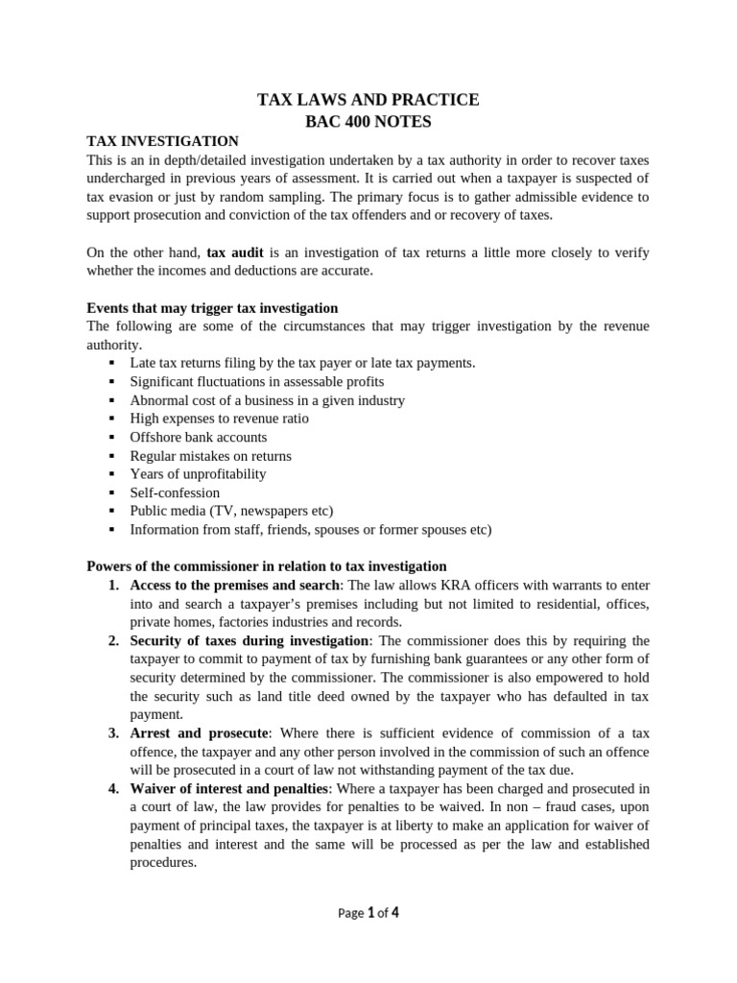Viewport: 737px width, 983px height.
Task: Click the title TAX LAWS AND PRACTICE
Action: point(368,100)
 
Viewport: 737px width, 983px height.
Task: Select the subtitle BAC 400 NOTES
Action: point(368,121)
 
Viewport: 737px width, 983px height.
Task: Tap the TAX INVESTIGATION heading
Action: point(162,140)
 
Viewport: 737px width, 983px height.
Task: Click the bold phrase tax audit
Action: point(235,252)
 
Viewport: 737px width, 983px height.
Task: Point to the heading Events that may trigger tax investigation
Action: point(212,308)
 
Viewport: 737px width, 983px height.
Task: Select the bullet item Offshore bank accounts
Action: point(199,437)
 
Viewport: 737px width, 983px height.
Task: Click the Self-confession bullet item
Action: point(175,492)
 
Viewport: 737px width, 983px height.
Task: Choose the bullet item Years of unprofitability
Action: point(198,474)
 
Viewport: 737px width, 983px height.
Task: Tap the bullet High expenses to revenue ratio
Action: point(220,419)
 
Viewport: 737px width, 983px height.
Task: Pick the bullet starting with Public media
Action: point(231,511)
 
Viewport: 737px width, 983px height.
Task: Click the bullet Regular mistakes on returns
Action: point(210,456)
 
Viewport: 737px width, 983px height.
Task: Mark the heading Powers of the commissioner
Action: point(267,566)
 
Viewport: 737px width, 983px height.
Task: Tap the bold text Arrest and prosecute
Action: point(201,733)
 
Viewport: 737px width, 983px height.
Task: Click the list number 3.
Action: point(112,733)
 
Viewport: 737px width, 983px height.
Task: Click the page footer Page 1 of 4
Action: point(368,913)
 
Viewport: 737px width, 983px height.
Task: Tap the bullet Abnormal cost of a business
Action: point(267,400)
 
